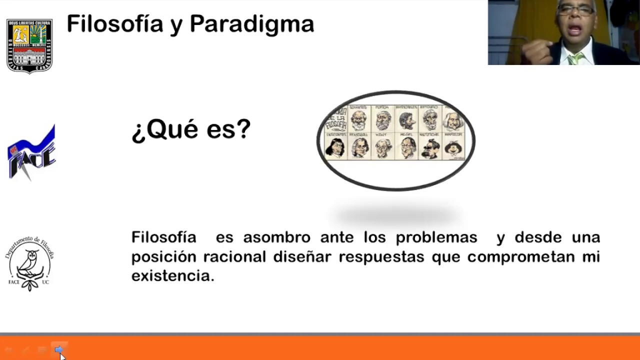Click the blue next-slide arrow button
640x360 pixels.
[58, 349]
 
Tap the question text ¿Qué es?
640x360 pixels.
[191, 130]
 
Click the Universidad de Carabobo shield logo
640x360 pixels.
[29, 46]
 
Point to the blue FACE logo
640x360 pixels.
[31, 153]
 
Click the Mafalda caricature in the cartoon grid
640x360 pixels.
[454, 148]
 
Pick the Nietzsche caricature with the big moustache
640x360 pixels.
[430, 148]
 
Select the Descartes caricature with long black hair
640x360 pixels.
[335, 148]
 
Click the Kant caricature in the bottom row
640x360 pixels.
[383, 148]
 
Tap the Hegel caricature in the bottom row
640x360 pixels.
[407, 148]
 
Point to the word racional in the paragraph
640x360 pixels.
[234, 256]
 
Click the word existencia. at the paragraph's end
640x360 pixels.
[172, 275]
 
